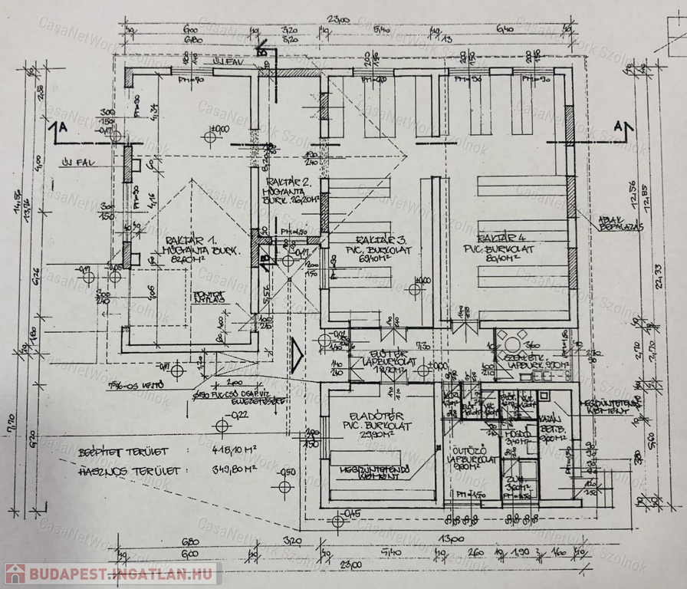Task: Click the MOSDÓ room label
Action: (511, 433)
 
